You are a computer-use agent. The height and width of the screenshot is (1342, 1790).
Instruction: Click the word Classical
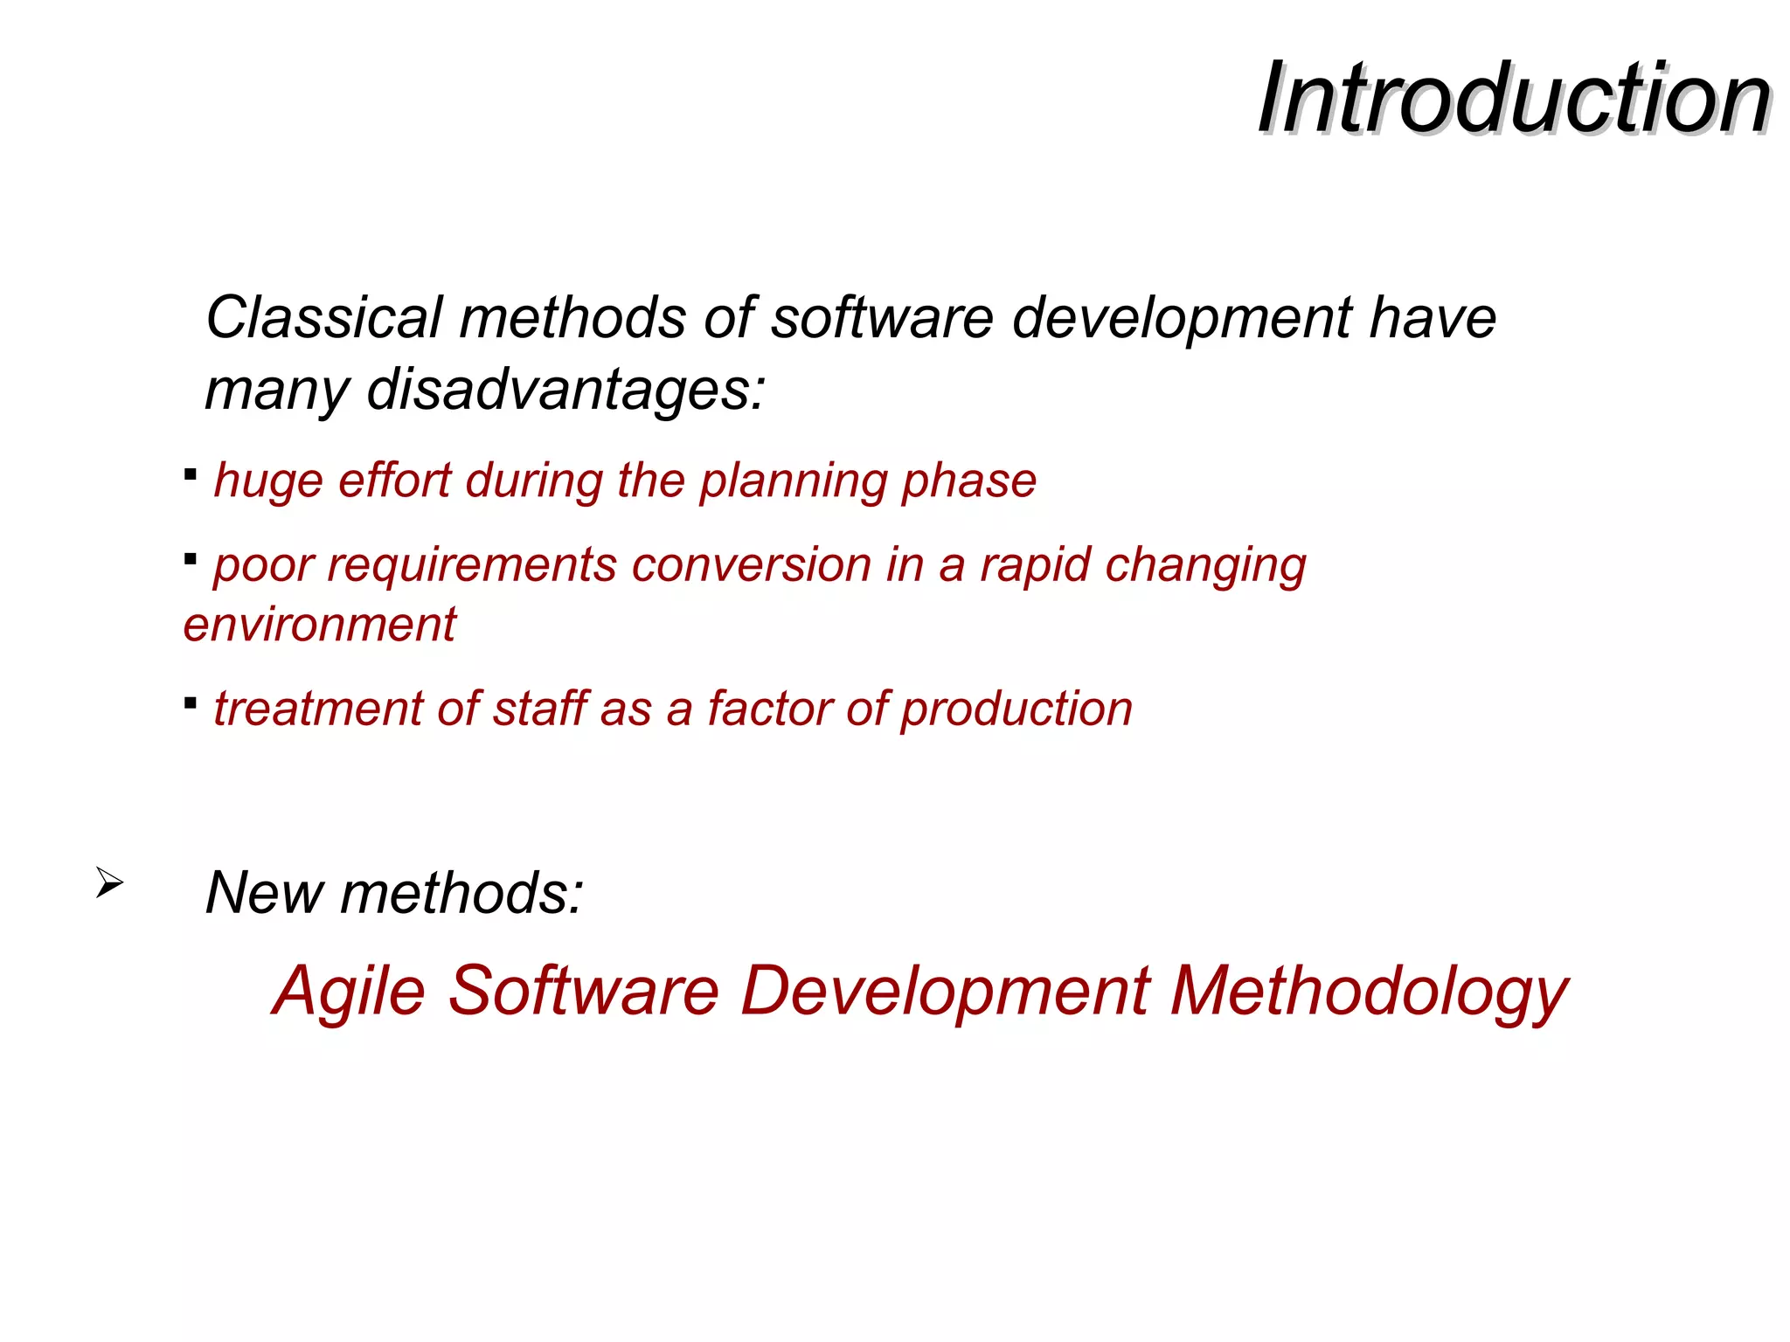(324, 317)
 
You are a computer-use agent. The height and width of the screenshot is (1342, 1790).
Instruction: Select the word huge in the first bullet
(268, 481)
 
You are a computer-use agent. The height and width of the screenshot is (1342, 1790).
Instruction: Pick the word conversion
(751, 564)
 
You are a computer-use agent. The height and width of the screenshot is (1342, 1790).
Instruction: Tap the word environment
(319, 625)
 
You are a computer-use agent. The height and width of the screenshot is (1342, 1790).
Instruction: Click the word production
(1016, 709)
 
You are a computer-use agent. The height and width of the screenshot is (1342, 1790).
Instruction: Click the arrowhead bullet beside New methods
(108, 882)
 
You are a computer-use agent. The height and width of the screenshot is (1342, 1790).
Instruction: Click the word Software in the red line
(584, 991)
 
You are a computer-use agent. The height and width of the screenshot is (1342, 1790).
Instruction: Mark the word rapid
(1036, 565)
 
